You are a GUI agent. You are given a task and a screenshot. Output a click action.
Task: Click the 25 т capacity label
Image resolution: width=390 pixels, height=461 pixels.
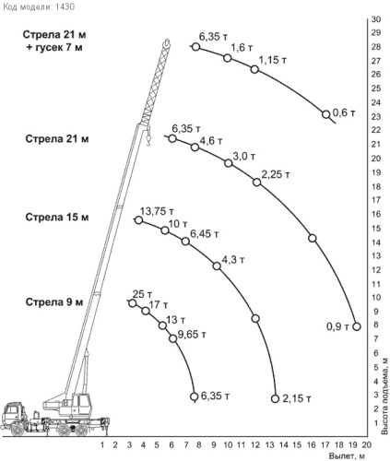[x=142, y=294]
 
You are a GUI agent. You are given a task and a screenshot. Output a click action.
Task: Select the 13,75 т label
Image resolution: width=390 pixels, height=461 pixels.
[x=157, y=211]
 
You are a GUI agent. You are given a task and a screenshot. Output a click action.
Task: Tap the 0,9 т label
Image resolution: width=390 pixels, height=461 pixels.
[x=337, y=326]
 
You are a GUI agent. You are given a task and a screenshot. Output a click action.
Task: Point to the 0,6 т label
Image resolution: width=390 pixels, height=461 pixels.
[x=344, y=112]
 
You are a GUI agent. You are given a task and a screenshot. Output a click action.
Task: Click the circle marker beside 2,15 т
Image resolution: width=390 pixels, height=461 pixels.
[x=275, y=398]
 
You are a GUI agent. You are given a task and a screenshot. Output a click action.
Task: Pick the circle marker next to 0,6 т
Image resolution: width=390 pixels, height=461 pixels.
[x=326, y=114]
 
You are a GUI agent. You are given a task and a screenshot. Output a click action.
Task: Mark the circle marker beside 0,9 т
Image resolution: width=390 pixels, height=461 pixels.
[x=357, y=326]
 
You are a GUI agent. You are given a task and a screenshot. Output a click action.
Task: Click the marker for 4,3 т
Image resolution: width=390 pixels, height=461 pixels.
[x=217, y=266]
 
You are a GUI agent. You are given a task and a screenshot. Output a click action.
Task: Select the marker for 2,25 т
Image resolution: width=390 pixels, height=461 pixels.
[x=256, y=183]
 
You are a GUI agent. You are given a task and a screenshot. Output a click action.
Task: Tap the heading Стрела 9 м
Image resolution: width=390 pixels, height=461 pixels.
[x=54, y=302]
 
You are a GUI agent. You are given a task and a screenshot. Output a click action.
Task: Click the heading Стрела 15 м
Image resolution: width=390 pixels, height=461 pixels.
[x=57, y=218]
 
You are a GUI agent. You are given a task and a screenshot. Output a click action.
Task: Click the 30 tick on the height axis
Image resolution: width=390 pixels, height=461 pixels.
[x=376, y=19]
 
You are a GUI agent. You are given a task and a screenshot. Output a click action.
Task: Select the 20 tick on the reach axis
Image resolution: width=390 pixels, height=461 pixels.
[x=366, y=444]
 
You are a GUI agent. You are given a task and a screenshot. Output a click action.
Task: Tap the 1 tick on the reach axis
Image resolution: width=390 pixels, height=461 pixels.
[x=102, y=444]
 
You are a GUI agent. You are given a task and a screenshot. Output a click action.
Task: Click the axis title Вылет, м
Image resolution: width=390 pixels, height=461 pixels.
[x=348, y=455]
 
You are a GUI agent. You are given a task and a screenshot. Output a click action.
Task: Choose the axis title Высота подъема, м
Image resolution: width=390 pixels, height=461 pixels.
[x=384, y=396]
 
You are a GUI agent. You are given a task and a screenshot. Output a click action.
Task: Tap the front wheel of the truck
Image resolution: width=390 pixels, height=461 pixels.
[x=18, y=429]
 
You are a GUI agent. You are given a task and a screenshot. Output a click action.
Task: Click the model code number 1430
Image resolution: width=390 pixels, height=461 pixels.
[x=65, y=6]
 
